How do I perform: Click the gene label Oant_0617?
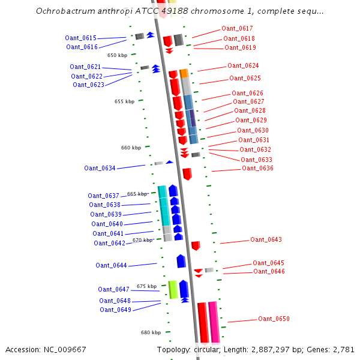(237, 28)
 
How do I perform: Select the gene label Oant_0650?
(274, 319)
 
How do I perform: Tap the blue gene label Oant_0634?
(100, 168)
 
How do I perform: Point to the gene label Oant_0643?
(266, 239)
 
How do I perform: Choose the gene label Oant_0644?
(111, 265)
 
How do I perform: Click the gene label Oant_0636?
(257, 168)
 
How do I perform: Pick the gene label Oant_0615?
(80, 38)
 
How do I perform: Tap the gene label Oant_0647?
(113, 289)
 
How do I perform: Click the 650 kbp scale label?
(117, 55)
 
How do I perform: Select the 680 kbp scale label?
(151, 332)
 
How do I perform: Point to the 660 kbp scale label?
(131, 148)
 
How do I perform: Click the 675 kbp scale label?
(146, 286)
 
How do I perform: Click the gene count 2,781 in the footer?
(344, 349)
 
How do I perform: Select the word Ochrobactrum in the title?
(62, 11)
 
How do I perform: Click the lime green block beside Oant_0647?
(173, 289)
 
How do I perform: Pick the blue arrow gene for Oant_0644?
(181, 261)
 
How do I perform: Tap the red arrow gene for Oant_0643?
(196, 245)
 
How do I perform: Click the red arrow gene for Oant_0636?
(187, 174)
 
